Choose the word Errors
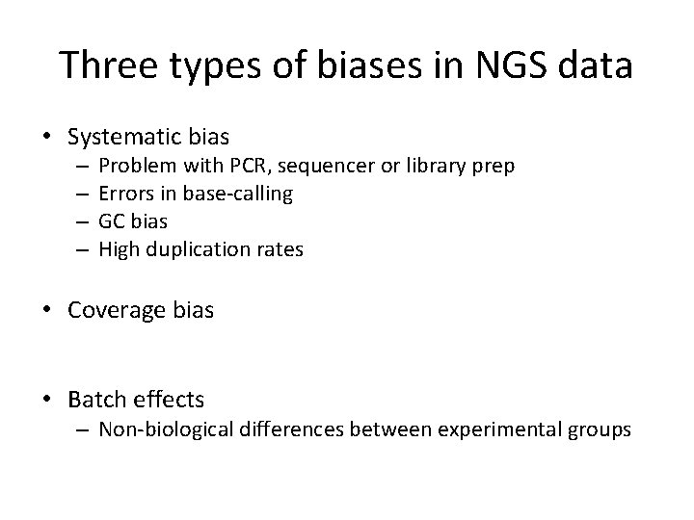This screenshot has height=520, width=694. coord(125,194)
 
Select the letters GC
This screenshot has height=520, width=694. coord(113,221)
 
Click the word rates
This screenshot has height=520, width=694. coord(280,249)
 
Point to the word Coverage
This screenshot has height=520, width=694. coord(113,311)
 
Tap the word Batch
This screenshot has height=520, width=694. coord(94,398)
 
